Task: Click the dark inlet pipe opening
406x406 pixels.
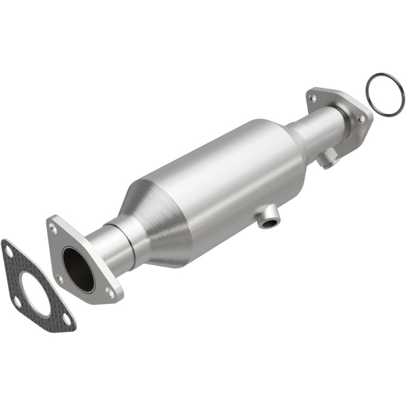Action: tap(78, 269)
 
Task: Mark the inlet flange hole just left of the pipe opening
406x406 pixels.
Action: tap(60, 278)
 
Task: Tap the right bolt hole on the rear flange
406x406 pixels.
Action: tap(360, 118)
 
